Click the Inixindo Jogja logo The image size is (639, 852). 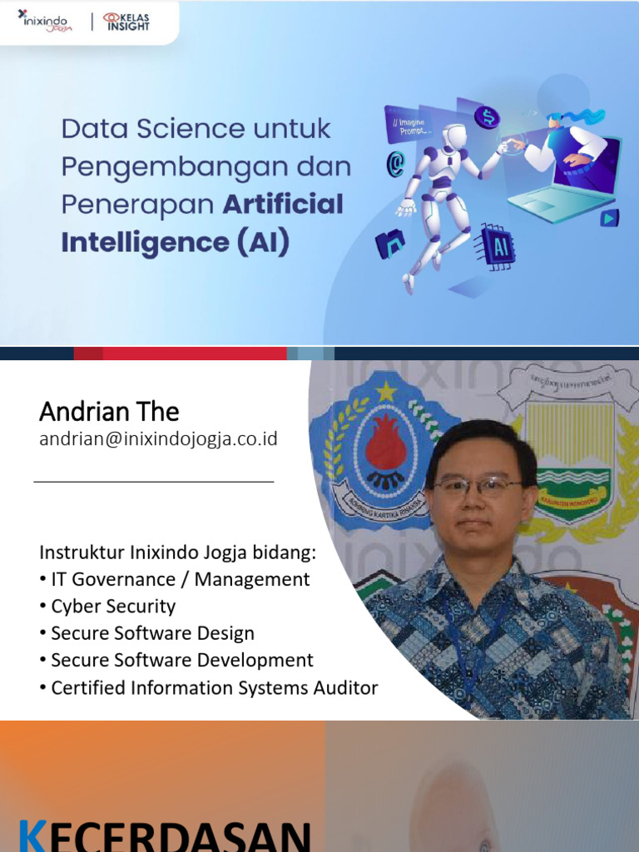click(x=47, y=20)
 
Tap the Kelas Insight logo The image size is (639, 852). click(x=126, y=22)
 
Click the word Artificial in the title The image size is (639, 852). click(x=283, y=205)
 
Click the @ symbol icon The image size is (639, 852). click(x=395, y=164)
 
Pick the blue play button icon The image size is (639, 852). click(x=610, y=218)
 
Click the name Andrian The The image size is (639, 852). click(x=109, y=412)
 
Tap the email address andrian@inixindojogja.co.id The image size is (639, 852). click(x=158, y=439)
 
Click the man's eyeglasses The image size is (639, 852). click(x=477, y=488)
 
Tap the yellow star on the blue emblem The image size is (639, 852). click(x=385, y=390)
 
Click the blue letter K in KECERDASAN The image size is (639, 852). click(x=32, y=835)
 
